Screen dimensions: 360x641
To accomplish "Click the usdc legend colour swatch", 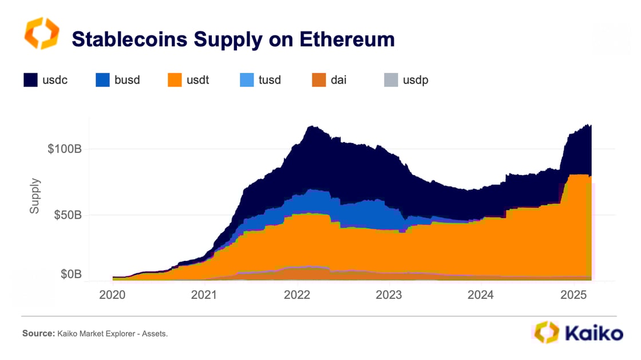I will (x=30, y=80).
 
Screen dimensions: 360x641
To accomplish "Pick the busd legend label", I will (x=127, y=80).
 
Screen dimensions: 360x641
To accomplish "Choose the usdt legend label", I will (x=198, y=80).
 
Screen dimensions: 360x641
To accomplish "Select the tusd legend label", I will (x=270, y=80).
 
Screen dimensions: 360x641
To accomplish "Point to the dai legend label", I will (x=339, y=80).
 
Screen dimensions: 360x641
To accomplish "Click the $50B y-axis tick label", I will (x=68, y=215).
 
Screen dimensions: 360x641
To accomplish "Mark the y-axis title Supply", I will (x=35, y=196).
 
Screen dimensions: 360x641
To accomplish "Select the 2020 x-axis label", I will (x=112, y=295).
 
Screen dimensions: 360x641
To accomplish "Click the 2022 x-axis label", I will (x=296, y=295).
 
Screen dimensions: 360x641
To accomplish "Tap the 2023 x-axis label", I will (x=389, y=295).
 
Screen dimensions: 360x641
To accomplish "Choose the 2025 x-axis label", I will (x=573, y=295).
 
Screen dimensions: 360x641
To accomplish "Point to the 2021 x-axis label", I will (x=204, y=295).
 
